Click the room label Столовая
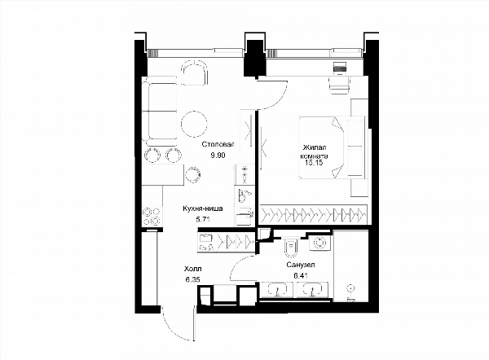pyautogui.click(x=218, y=144)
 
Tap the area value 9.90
pyautogui.click(x=218, y=156)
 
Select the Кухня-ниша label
pyautogui.click(x=203, y=209)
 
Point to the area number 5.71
pyautogui.click(x=203, y=219)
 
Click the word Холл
pyautogui.click(x=192, y=269)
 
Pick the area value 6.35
pyautogui.click(x=192, y=279)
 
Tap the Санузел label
pyautogui.click(x=301, y=265)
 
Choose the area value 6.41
pyautogui.click(x=301, y=275)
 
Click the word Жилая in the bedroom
pyautogui.click(x=315, y=147)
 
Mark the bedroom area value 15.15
pyautogui.click(x=314, y=162)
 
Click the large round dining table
pyautogui.click(x=194, y=124)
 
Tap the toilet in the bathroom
pyautogui.click(x=291, y=248)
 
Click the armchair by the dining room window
pyautogui.click(x=195, y=72)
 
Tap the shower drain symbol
pyautogui.click(x=350, y=288)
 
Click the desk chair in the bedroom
pyautogui.click(x=339, y=85)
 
